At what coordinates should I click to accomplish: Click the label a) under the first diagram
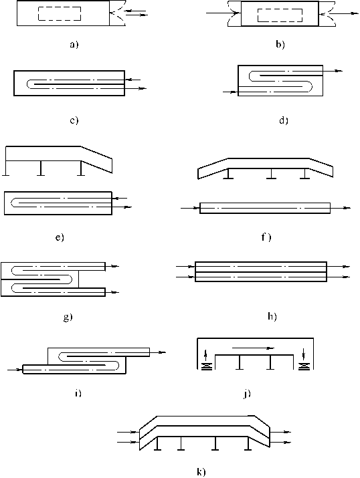point(74,45)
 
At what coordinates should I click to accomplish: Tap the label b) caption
point(280,45)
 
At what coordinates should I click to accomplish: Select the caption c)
point(74,120)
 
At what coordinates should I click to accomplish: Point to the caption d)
point(284,120)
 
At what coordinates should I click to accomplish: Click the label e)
point(60,237)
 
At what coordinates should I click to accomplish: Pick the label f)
point(266,237)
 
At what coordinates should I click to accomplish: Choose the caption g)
point(68,318)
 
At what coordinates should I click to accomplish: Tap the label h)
point(272,317)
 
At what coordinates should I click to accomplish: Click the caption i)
point(78,393)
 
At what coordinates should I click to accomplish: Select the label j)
point(247,394)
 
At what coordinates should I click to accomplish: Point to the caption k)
point(201,472)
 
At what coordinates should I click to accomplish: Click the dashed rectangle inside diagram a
point(60,14)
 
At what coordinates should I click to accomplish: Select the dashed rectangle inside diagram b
point(280,15)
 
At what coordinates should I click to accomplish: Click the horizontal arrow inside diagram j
point(253,348)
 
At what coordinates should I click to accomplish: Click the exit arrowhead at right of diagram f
point(347,208)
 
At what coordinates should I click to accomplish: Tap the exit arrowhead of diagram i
point(163,352)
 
